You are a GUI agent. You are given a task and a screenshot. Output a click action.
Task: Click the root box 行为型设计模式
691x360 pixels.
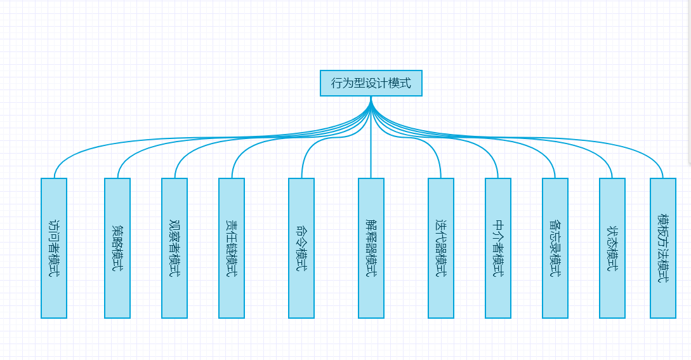point(371,83)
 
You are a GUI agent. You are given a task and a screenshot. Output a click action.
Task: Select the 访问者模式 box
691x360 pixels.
point(54,248)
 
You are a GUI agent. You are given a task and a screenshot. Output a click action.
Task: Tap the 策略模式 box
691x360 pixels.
point(117,248)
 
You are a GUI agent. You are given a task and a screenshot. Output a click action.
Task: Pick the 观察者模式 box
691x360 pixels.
point(174,248)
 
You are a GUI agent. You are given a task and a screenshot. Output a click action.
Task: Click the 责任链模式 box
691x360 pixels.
point(232,248)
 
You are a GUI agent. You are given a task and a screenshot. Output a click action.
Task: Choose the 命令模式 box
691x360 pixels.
point(301,248)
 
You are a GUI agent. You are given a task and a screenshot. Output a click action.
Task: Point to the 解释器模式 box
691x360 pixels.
point(371,248)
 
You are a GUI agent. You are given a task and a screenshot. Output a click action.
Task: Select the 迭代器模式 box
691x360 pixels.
point(441,248)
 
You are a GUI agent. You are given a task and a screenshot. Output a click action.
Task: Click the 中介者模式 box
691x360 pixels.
point(498,248)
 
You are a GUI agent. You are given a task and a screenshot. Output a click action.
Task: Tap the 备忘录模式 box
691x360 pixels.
point(555,248)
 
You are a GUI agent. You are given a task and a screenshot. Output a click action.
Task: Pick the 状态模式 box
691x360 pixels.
point(612,248)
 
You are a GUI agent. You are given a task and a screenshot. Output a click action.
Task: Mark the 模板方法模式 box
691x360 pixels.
point(663,248)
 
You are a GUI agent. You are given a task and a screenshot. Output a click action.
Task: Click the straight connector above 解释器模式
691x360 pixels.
point(371,152)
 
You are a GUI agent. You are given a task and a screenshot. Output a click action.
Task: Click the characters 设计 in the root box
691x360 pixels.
point(371,83)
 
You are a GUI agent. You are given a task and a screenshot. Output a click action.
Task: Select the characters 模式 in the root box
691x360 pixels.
point(399,83)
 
